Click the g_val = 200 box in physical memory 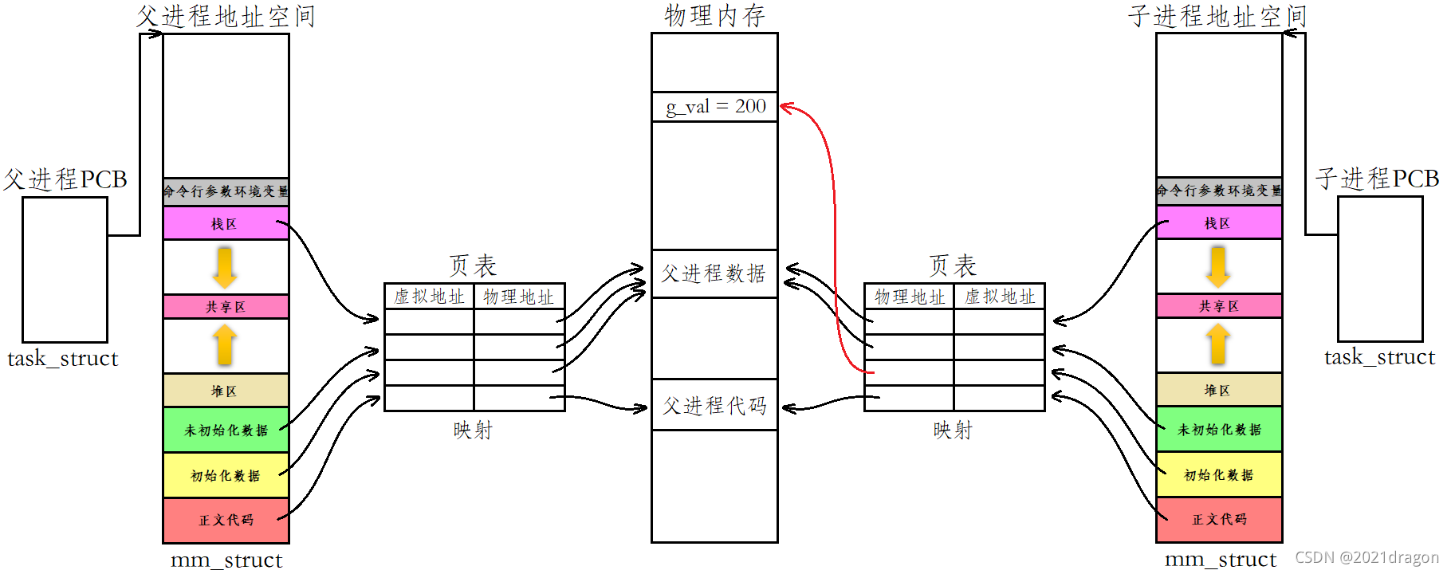[x=714, y=107]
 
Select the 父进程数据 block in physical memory [x=714, y=273]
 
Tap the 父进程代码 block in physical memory [x=714, y=405]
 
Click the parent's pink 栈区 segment [x=226, y=223]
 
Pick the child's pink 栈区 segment [x=1219, y=222]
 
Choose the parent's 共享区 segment [x=226, y=307]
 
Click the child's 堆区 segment [x=1219, y=390]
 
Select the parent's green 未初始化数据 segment [x=226, y=430]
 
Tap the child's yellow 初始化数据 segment [x=1219, y=474]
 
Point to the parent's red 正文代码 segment [x=226, y=520]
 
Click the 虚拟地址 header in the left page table [x=429, y=297]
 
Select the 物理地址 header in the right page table [x=909, y=297]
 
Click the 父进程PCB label [x=65, y=179]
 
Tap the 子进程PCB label [x=1377, y=179]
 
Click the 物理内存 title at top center [x=714, y=16]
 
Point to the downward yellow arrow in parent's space [x=226, y=266]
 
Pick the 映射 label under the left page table [x=473, y=431]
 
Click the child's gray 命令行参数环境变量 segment [x=1219, y=191]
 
